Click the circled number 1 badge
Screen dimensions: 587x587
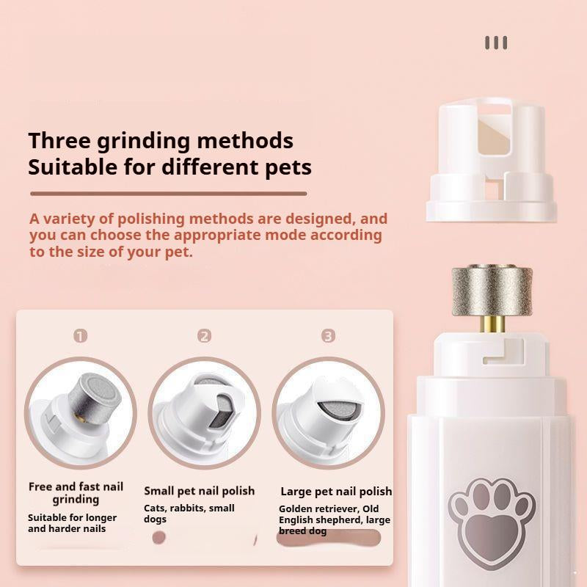click(x=81, y=336)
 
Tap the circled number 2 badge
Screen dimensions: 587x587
click(x=205, y=336)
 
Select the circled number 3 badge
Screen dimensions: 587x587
click(x=328, y=336)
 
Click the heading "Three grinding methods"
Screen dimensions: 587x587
click(x=161, y=140)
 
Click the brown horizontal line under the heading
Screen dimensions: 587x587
click(x=168, y=194)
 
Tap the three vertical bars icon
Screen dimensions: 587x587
click(x=496, y=43)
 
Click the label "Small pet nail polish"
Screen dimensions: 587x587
click(x=200, y=491)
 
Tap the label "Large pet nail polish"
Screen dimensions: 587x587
click(x=336, y=492)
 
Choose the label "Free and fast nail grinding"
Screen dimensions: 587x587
click(x=76, y=493)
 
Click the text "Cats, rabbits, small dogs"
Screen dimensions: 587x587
click(x=189, y=514)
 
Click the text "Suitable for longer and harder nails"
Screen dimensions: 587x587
click(x=72, y=523)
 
